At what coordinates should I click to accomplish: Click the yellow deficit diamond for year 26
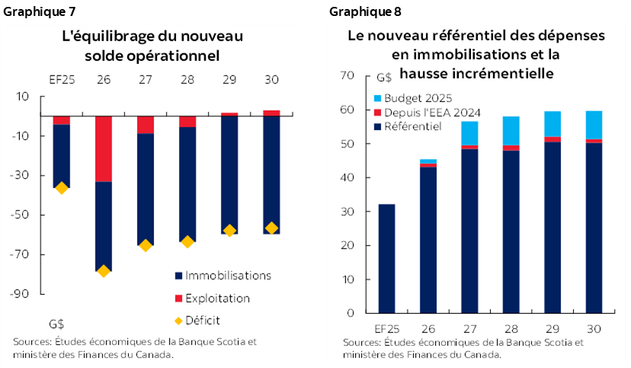[x=104, y=270]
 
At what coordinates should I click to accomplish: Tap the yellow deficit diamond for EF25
[x=62, y=187]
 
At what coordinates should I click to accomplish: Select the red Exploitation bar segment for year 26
[x=104, y=149]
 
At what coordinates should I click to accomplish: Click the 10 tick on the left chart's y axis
[x=22, y=96]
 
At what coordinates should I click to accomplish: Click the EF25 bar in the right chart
[x=386, y=258]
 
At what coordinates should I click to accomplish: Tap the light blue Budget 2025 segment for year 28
[x=511, y=130]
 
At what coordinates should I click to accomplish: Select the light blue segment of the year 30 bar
[x=593, y=125]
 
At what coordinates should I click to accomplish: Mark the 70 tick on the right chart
[x=350, y=75]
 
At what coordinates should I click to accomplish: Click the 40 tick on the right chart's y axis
[x=350, y=178]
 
